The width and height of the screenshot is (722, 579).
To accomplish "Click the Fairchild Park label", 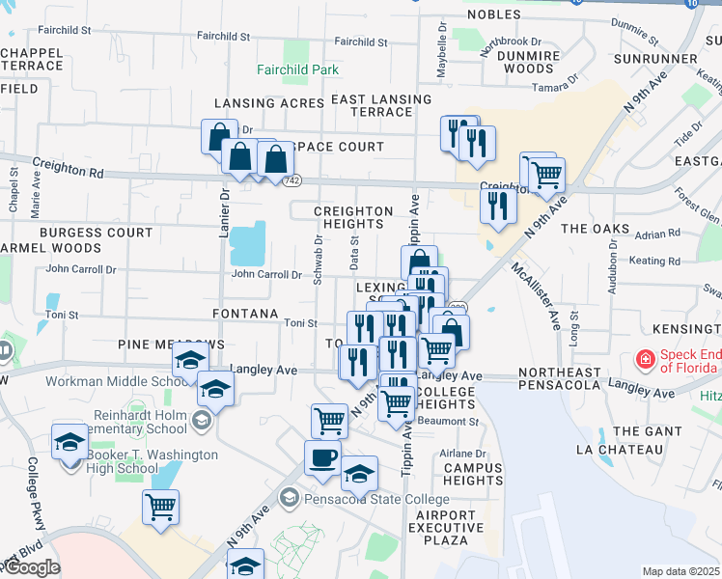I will point(298,69).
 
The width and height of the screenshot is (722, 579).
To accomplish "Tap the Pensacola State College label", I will point(375,499).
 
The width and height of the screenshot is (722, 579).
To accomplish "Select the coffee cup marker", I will point(322,456).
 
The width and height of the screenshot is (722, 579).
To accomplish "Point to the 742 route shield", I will point(292,180).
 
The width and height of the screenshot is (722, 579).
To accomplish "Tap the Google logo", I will point(32,567).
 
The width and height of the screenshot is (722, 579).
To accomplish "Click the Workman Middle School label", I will point(106,381).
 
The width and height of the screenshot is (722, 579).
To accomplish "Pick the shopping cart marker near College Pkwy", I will point(160,506).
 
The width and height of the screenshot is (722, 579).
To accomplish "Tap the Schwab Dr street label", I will point(318,260).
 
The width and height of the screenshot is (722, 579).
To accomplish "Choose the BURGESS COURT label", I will point(97,233).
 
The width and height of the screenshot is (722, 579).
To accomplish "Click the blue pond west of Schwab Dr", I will point(249,244).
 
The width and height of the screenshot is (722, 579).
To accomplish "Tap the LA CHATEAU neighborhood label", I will point(621,450).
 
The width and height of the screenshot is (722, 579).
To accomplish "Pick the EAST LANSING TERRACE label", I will point(372,105).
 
